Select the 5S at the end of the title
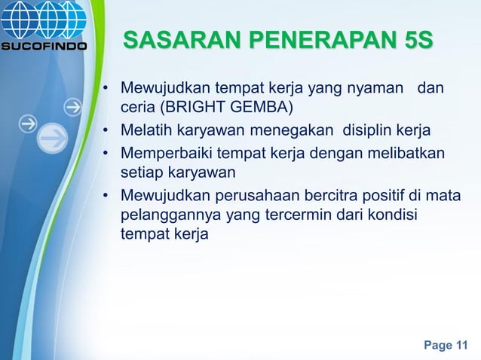pos(418,39)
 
